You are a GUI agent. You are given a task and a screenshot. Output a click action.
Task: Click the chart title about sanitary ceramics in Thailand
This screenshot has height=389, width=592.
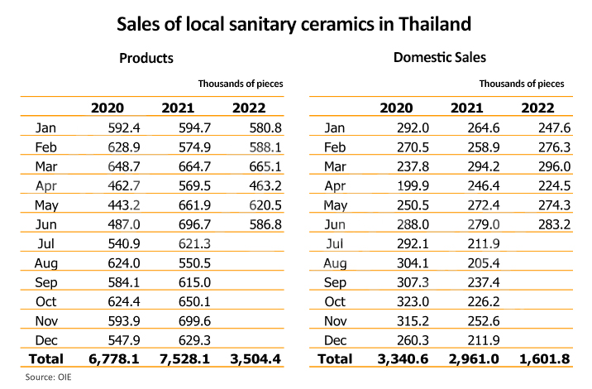(295, 24)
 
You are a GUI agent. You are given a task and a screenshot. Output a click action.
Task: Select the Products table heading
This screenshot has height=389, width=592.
(146, 59)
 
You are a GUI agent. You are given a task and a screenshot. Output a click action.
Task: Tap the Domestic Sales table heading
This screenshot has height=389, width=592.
(439, 58)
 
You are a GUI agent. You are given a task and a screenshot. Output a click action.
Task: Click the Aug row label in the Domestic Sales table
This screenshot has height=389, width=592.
(335, 263)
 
